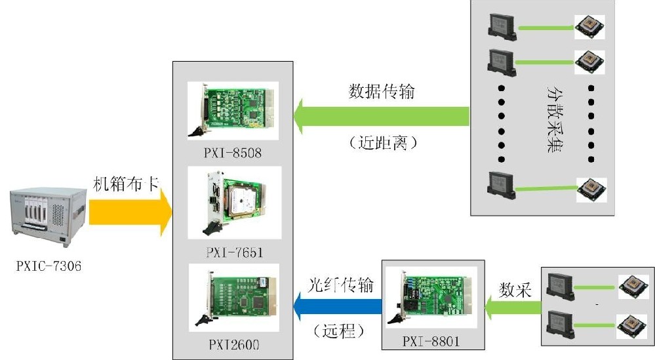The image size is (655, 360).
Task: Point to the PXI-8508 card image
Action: pos(232,110)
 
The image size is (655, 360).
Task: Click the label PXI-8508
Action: pos(232,153)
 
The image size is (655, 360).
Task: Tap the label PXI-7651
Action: pos(233,251)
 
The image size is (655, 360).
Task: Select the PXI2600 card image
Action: pos(233,298)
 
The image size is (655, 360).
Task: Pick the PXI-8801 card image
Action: pos(433,296)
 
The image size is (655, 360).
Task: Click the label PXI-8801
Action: pos(433,340)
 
